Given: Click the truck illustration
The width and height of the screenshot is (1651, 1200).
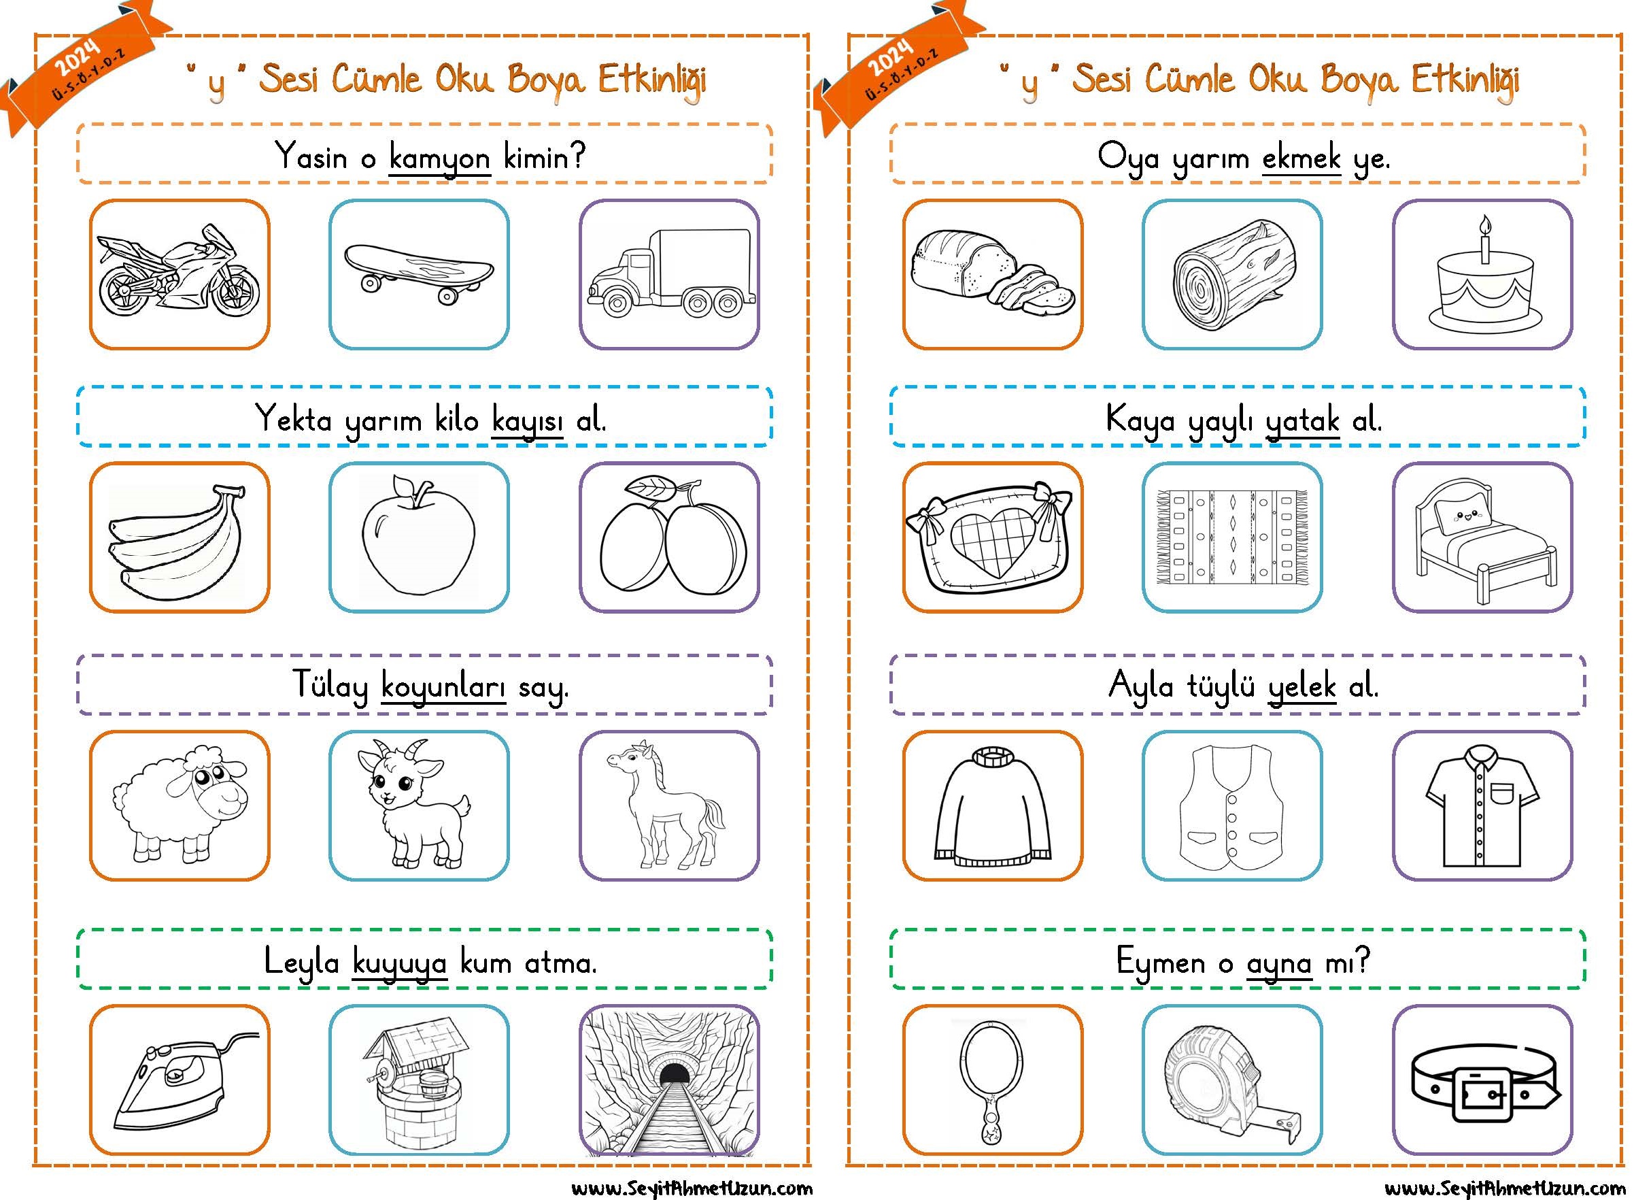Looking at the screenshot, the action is (670, 273).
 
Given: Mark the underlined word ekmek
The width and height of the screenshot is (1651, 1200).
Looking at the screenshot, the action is (1301, 158).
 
